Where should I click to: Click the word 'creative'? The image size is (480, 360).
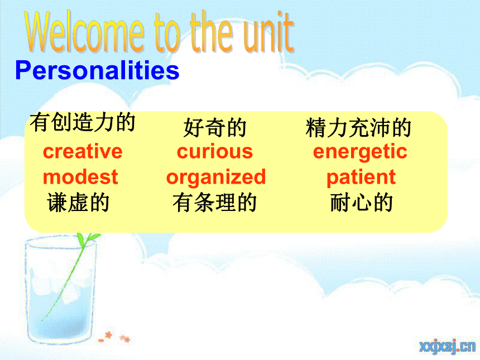[83, 151]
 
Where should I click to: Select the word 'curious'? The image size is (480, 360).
[215, 151]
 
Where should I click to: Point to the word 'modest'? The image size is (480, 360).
[80, 177]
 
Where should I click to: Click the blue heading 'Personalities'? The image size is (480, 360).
[97, 70]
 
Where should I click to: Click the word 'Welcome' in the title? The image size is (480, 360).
[84, 32]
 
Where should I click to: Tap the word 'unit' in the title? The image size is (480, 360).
[269, 32]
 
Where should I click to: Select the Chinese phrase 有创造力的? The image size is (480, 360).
[83, 122]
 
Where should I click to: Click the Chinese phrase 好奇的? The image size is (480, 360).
[215, 128]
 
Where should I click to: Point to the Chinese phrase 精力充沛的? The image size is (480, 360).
[358, 128]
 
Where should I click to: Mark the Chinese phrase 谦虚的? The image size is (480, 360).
[78, 203]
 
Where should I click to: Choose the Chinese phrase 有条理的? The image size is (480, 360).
[215, 203]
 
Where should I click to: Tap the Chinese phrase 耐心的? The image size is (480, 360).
[362, 203]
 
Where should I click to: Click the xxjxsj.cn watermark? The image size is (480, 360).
[448, 346]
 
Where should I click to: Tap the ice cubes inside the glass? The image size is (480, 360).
[61, 285]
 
